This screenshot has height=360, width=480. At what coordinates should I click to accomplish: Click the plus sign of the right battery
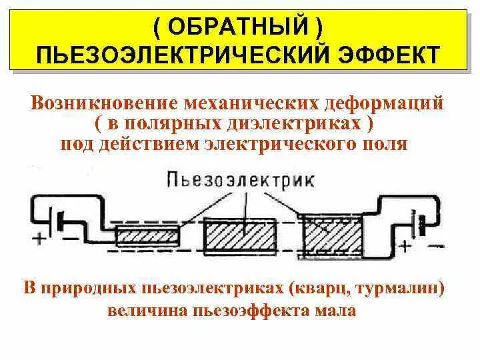point(404,246)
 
